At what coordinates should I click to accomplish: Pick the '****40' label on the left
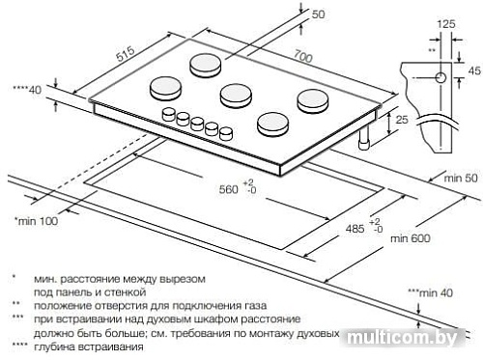(25, 89)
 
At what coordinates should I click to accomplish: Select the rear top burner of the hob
(206, 65)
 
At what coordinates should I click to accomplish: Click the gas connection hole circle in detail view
(440, 77)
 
